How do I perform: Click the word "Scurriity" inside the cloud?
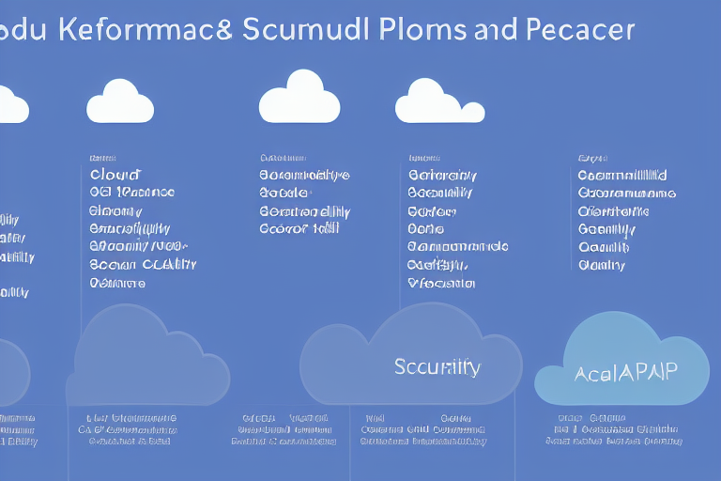(x=437, y=366)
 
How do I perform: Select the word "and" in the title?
(x=494, y=28)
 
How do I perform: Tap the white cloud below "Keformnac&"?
(x=120, y=102)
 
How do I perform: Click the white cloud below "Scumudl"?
(x=299, y=98)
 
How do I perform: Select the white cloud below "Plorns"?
(x=439, y=101)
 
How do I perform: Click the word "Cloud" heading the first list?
(x=115, y=175)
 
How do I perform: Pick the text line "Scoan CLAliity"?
(x=143, y=264)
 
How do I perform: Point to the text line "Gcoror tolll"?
(x=299, y=228)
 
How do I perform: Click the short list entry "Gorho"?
(x=426, y=228)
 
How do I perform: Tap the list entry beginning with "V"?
(x=442, y=282)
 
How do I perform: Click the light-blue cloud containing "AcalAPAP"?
(x=622, y=357)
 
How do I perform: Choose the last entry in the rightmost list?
(x=602, y=265)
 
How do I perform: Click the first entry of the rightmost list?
(x=622, y=175)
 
